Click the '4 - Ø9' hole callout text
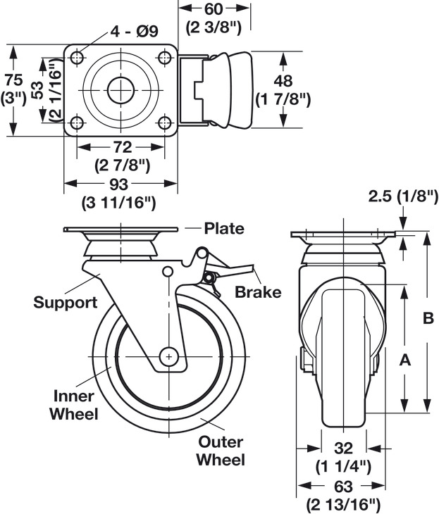coord(134,31)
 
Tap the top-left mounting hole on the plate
coord(77,58)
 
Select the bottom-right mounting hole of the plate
coord(164,123)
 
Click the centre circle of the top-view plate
coord(120,90)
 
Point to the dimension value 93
coord(118,184)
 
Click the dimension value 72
coord(123,147)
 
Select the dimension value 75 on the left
coord(14,80)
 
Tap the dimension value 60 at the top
coord(214,9)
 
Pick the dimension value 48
coord(283,81)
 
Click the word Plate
coord(224,228)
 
